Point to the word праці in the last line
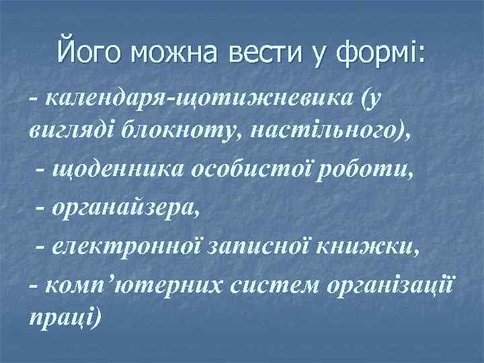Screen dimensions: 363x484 coord(63,316)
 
